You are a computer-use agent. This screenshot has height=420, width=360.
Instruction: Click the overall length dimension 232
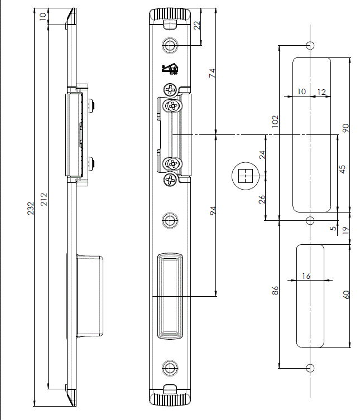[31, 208]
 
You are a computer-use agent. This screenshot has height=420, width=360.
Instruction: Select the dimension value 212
[44, 199]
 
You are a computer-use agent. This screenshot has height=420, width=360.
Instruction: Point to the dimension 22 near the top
[196, 26]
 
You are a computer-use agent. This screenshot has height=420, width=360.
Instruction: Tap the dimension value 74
[212, 72]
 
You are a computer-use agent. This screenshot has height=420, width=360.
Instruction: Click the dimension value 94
[212, 210]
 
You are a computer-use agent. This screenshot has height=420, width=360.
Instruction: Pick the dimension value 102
[274, 122]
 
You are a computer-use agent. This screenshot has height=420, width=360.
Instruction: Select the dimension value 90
[345, 128]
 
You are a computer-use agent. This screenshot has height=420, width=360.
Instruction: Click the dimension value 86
[274, 291]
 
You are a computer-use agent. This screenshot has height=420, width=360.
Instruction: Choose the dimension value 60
[346, 295]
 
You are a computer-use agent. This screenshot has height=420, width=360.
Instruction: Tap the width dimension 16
[305, 276]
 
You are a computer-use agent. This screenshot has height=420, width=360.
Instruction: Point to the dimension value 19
[345, 229]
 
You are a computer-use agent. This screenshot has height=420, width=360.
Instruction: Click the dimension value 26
[262, 199]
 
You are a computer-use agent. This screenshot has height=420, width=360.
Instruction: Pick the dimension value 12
[321, 91]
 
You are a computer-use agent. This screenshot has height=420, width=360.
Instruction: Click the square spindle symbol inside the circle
[244, 176]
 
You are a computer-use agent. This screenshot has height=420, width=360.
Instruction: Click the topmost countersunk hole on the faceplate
[170, 45]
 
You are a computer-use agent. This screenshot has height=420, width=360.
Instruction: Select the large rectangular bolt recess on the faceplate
[170, 296]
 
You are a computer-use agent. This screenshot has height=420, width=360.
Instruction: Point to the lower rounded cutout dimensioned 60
[310, 295]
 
